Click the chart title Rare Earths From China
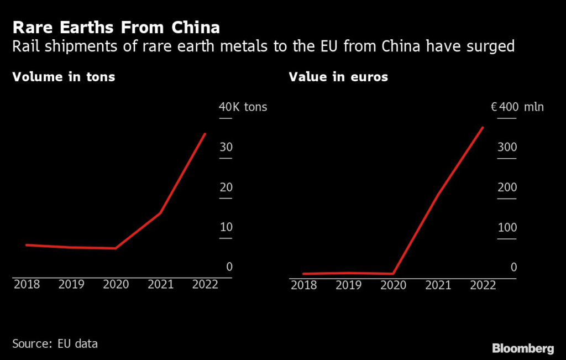[116, 28]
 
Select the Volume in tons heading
[64, 77]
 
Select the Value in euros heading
[338, 77]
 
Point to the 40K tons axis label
[243, 107]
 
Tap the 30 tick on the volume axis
[226, 147]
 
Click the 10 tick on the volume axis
[226, 227]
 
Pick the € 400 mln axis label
[517, 107]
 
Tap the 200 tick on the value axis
[507, 187]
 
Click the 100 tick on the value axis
[507, 227]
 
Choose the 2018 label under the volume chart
[27, 284]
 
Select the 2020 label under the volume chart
[116, 284]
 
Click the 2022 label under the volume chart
[205, 284]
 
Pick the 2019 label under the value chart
[348, 285]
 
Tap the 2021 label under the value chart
[438, 285]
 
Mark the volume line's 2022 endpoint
[205, 134]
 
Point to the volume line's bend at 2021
[160, 213]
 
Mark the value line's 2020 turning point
[393, 273]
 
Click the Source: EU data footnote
[55, 344]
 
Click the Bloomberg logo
[523, 348]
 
